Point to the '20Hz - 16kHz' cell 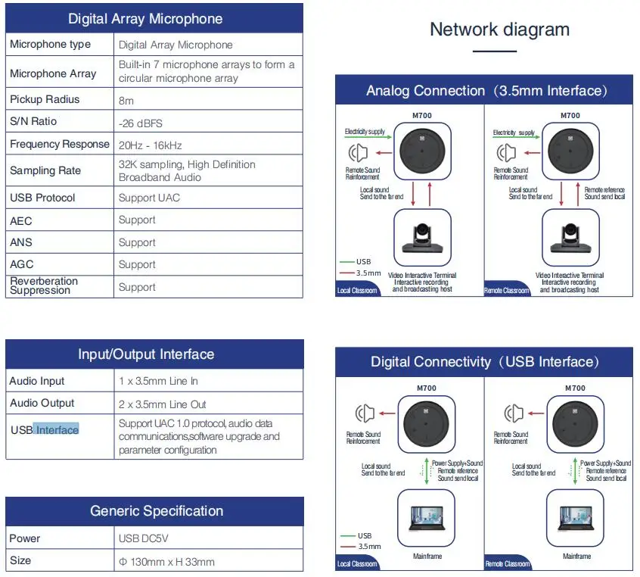click(150, 145)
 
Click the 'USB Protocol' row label click(42, 198)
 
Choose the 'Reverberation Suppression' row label click(44, 285)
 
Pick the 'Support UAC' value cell click(149, 198)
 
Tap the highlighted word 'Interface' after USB click(57, 430)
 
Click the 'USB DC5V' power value click(142, 538)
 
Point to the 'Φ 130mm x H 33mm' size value click(166, 561)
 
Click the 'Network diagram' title click(499, 30)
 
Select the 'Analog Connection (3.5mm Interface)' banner click(486, 91)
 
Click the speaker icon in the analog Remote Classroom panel click(505, 154)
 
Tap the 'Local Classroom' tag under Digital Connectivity click(356, 564)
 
